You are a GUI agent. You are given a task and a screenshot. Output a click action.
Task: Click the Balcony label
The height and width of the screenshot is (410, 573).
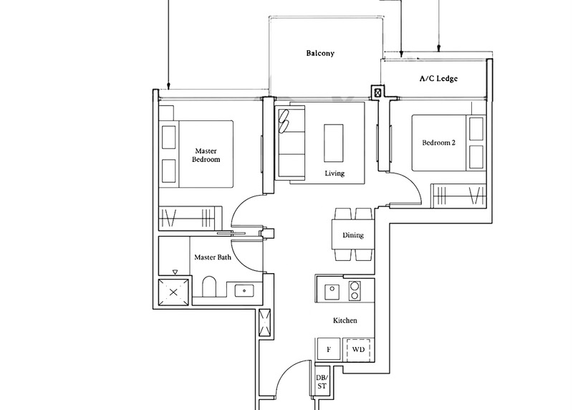click(320, 54)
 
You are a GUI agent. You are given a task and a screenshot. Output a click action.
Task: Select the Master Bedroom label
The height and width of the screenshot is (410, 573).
click(205, 156)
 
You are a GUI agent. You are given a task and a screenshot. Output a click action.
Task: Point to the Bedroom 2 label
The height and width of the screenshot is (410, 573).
click(438, 143)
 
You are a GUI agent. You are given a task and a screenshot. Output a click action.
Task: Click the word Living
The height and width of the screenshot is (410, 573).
click(334, 173)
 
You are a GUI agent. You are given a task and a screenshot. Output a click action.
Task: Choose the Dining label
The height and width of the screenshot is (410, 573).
click(352, 235)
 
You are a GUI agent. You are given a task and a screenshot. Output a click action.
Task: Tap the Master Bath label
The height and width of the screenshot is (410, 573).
click(213, 257)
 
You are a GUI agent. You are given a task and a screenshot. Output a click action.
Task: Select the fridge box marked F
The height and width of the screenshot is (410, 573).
click(329, 351)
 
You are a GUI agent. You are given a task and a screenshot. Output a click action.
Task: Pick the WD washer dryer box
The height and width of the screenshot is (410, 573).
click(358, 351)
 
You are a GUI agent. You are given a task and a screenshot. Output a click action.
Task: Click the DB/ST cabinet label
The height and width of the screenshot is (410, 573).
click(322, 383)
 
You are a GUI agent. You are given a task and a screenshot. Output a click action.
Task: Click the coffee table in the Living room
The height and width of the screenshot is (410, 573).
click(334, 142)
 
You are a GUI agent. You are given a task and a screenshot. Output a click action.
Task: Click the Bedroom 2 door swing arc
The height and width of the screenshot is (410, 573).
click(407, 189)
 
